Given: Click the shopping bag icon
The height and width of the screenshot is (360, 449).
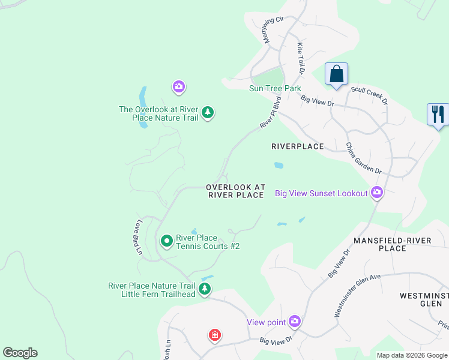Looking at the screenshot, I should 337,75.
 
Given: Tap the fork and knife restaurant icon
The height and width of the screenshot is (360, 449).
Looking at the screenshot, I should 438,114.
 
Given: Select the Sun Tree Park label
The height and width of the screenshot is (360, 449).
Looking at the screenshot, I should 275,88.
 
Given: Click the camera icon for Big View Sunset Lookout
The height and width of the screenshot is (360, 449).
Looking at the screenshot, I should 377,193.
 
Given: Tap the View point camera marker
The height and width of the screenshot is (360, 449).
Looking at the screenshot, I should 294,322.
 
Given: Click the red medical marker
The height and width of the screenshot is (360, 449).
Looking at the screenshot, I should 214,335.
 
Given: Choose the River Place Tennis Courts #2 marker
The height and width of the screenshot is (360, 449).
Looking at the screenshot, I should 167,241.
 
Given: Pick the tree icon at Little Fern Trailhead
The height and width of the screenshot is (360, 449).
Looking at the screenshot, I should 205,290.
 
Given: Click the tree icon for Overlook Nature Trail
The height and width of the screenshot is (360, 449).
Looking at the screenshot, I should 208,113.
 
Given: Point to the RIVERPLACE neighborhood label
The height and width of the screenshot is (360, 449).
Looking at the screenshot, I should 297,146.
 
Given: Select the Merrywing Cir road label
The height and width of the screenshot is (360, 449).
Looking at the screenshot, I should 273,29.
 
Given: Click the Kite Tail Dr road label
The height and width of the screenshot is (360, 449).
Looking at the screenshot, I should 301,58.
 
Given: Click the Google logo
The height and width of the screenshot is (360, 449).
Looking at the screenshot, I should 20,353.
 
